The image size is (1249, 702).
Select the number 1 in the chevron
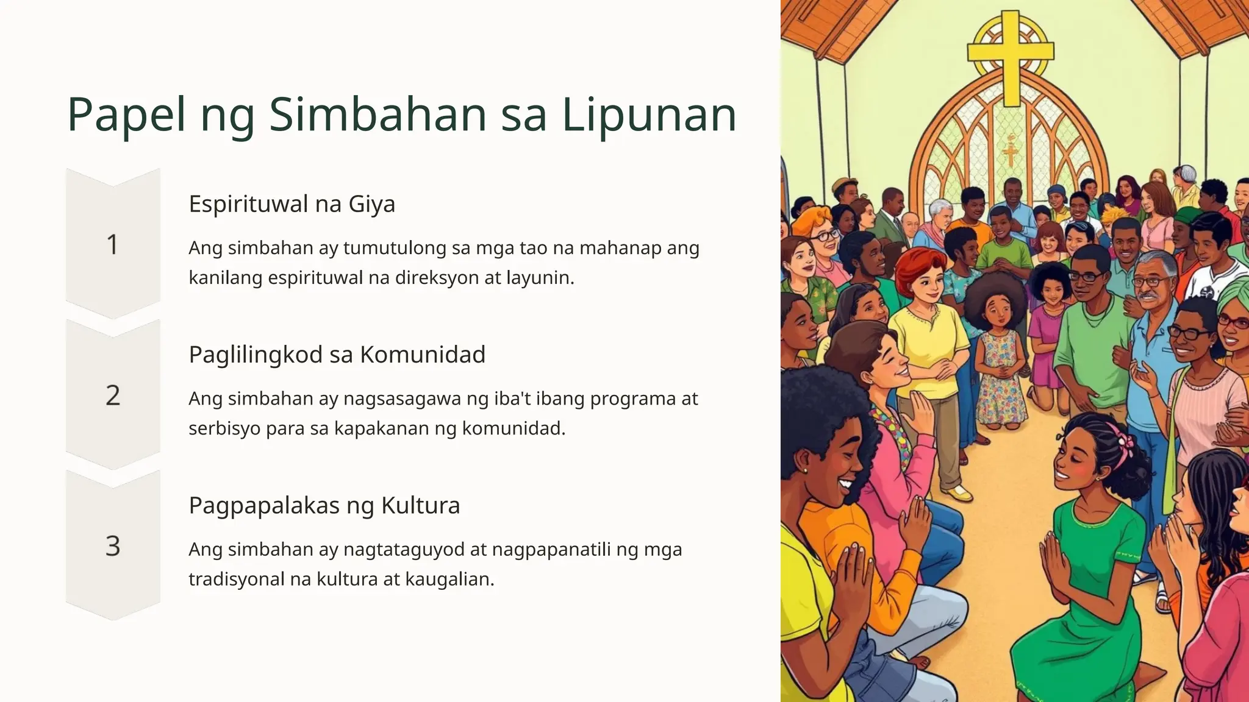pyautogui.click(x=113, y=245)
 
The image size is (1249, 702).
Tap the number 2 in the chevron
pyautogui.click(x=113, y=395)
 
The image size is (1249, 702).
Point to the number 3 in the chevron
pyautogui.click(x=113, y=546)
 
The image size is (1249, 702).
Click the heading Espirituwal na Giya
pyautogui.click(x=292, y=204)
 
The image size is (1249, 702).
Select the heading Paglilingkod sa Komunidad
pyautogui.click(x=337, y=354)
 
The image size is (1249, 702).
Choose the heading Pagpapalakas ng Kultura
pyautogui.click(x=324, y=505)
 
